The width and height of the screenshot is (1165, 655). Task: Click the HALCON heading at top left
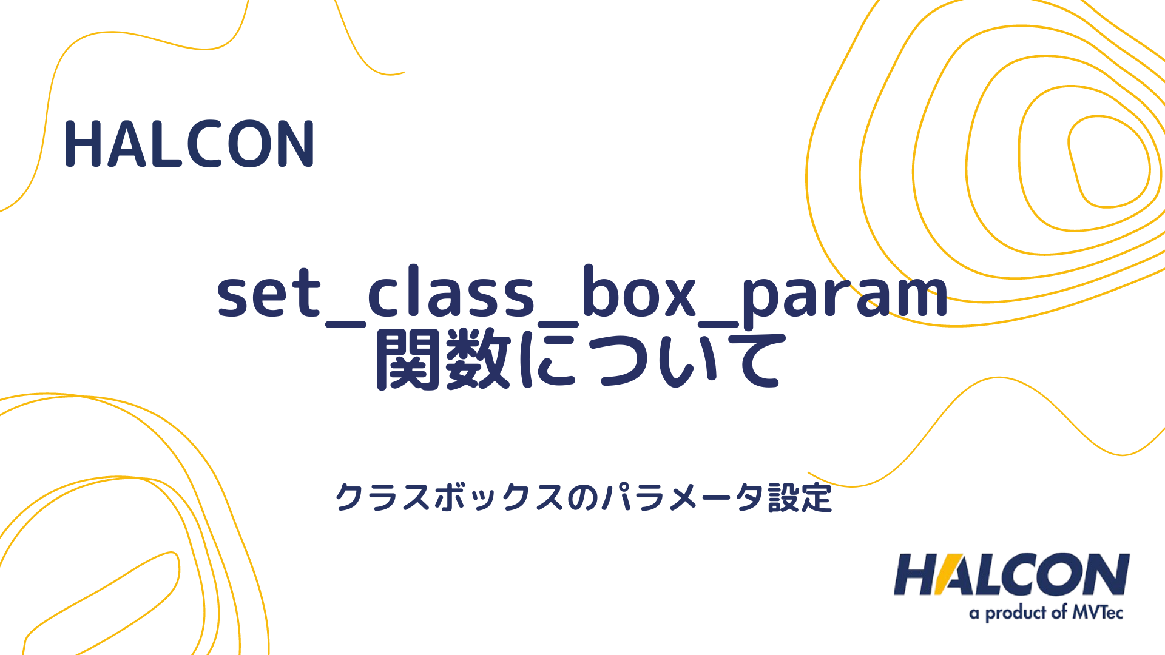coord(189,144)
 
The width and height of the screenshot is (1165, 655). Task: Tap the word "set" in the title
coord(269,295)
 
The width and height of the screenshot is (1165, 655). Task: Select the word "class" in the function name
coord(451,294)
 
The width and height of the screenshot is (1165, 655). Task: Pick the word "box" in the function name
coord(638,294)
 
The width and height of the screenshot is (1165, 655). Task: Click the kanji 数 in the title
coord(477,360)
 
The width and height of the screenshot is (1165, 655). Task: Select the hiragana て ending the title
coord(750,361)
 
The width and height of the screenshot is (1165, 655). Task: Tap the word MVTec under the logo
coord(1098,613)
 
